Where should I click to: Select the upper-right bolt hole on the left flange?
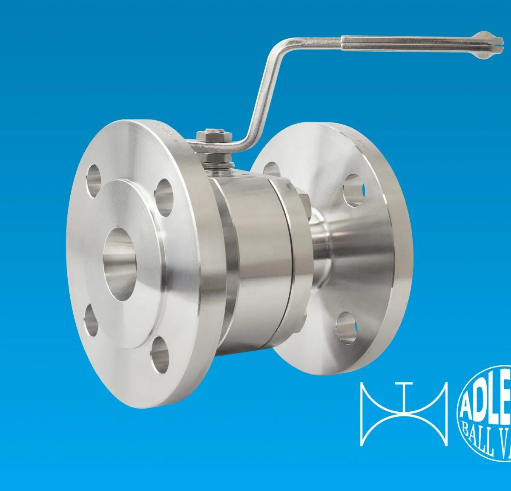(164, 196)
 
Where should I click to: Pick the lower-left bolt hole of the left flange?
(91, 320)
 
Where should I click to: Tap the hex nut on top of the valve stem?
(214, 136)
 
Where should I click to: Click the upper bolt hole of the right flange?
(354, 190)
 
